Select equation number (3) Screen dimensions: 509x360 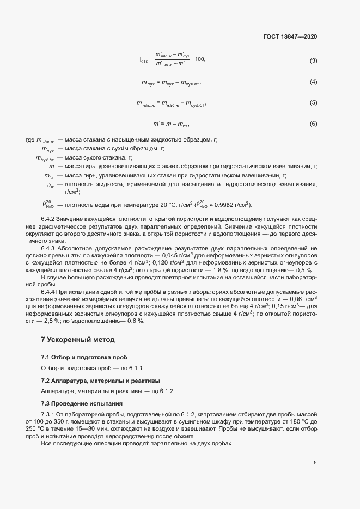tap(313, 60)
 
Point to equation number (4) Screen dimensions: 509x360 tap(313, 82)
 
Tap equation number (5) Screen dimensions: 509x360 tap(313, 103)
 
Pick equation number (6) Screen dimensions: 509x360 tap(313, 124)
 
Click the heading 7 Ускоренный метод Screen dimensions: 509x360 tap(78, 340)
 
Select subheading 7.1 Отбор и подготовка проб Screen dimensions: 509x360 tap(84, 357)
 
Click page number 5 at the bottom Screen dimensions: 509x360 tap(315, 463)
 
